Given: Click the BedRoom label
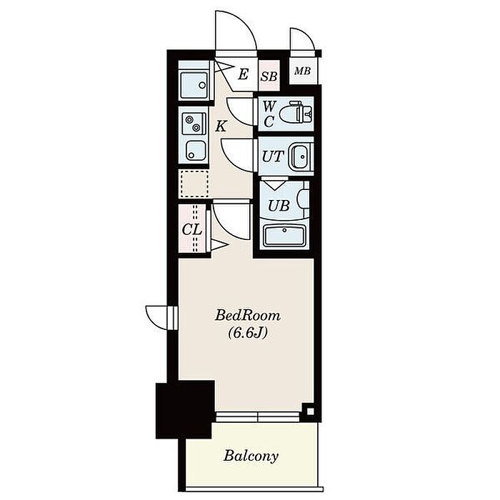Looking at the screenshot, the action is (248, 316).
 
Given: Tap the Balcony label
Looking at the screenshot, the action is (251, 456).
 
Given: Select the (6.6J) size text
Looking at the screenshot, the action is (247, 334).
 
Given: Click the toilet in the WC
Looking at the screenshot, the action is (296, 113).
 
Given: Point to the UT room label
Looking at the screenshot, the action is (273, 156).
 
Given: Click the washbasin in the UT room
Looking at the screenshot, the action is (301, 156).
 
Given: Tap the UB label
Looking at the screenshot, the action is (279, 206).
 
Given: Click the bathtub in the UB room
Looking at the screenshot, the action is (284, 235).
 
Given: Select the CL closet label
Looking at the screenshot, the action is (191, 229).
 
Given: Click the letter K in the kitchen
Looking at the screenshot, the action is (221, 126).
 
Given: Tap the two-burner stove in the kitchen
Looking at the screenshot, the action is (194, 124).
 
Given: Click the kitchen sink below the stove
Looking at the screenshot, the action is (194, 150).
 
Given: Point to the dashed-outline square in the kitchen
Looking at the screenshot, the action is (194, 184).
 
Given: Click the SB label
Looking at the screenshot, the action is (269, 76).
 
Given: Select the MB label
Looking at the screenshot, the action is (302, 71).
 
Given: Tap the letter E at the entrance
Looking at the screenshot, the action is (243, 74).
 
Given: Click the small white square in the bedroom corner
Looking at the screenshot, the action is (310, 411).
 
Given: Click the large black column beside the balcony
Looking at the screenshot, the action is (184, 411).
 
